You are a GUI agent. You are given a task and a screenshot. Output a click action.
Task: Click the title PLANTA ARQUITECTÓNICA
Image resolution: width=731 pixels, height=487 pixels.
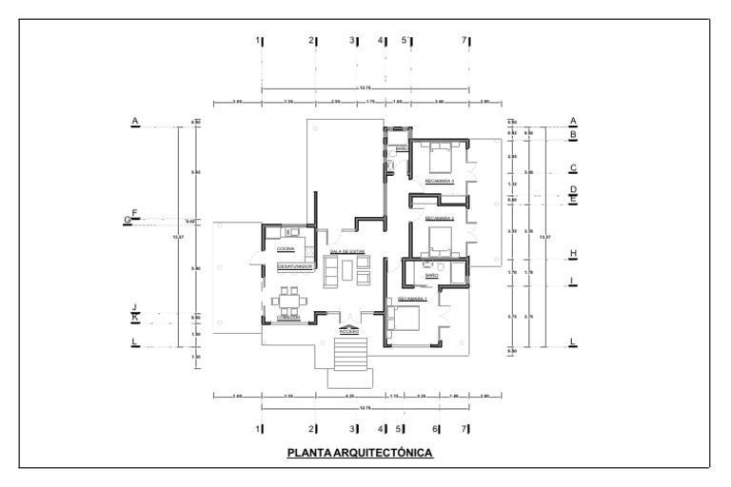(x=361, y=453)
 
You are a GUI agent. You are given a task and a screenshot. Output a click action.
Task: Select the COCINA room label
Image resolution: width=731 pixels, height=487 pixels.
(x=285, y=248)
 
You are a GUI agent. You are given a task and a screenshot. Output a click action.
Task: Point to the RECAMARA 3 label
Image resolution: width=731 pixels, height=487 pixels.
(x=439, y=181)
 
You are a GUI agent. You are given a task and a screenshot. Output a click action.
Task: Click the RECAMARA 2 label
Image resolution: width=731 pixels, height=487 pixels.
(x=439, y=218)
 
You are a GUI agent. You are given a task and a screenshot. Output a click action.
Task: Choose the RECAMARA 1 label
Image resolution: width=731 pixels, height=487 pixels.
(x=412, y=299)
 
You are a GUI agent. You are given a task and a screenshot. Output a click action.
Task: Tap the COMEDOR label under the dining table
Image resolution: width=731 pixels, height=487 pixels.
(x=288, y=318)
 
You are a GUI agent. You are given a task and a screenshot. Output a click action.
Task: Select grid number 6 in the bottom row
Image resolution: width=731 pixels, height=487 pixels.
(x=436, y=429)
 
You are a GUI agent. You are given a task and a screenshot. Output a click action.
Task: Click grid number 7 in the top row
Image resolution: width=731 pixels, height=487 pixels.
(x=464, y=41)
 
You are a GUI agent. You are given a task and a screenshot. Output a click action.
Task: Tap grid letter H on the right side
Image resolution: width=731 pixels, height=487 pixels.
(x=573, y=254)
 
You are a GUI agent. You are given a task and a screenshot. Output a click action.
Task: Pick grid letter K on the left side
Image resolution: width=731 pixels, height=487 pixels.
(x=135, y=317)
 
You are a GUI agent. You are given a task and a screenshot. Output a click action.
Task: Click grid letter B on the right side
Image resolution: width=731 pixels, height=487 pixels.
(x=573, y=135)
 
